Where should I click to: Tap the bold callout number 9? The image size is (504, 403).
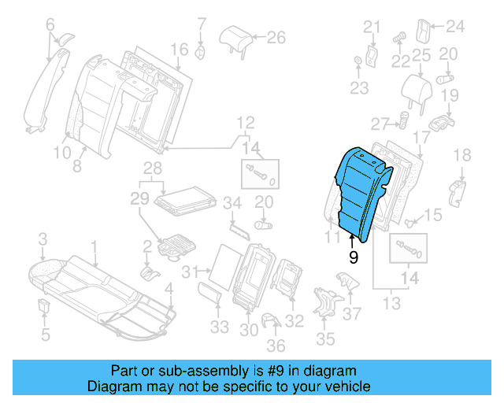tap(353, 256)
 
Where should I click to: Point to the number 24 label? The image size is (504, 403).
tap(456, 27)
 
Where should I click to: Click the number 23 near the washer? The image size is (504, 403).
tap(359, 87)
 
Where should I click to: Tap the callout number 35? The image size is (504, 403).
tap(325, 339)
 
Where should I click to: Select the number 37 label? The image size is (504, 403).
tap(353, 313)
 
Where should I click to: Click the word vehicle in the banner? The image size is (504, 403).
tap(349, 386)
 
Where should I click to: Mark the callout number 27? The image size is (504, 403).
tap(381, 123)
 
